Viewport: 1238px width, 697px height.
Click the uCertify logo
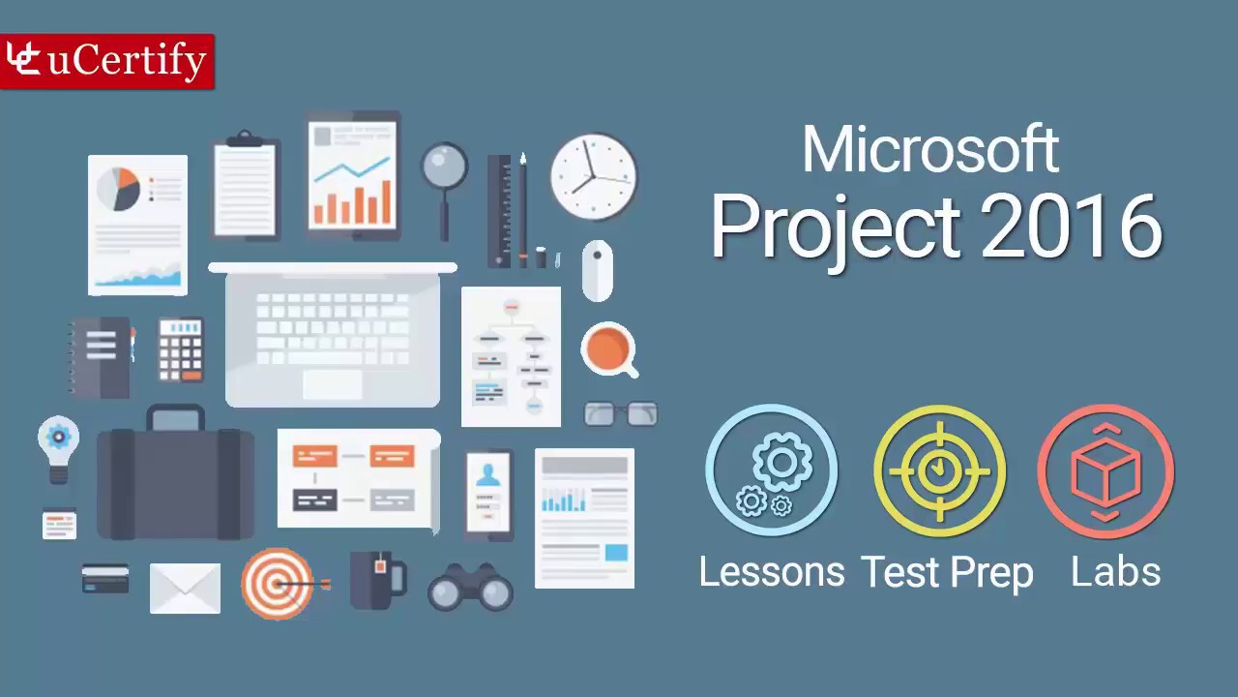(106, 61)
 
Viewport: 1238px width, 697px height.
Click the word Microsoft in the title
(930, 151)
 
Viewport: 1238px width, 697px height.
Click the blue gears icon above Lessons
(771, 470)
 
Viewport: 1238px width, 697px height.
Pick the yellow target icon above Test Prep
(939, 470)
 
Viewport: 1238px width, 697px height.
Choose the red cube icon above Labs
(1105, 471)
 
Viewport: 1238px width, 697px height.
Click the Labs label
(1115, 571)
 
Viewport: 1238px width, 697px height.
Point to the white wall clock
(594, 176)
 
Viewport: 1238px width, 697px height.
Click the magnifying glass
(445, 174)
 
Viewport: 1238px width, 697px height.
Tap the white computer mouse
(597, 270)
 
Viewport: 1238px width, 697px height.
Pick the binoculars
(470, 587)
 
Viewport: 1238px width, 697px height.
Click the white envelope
(185, 588)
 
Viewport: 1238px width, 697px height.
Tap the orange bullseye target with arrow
(278, 584)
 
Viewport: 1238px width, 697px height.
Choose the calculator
(181, 348)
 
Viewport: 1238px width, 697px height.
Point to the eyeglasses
(621, 414)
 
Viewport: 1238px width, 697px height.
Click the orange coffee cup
(608, 348)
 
